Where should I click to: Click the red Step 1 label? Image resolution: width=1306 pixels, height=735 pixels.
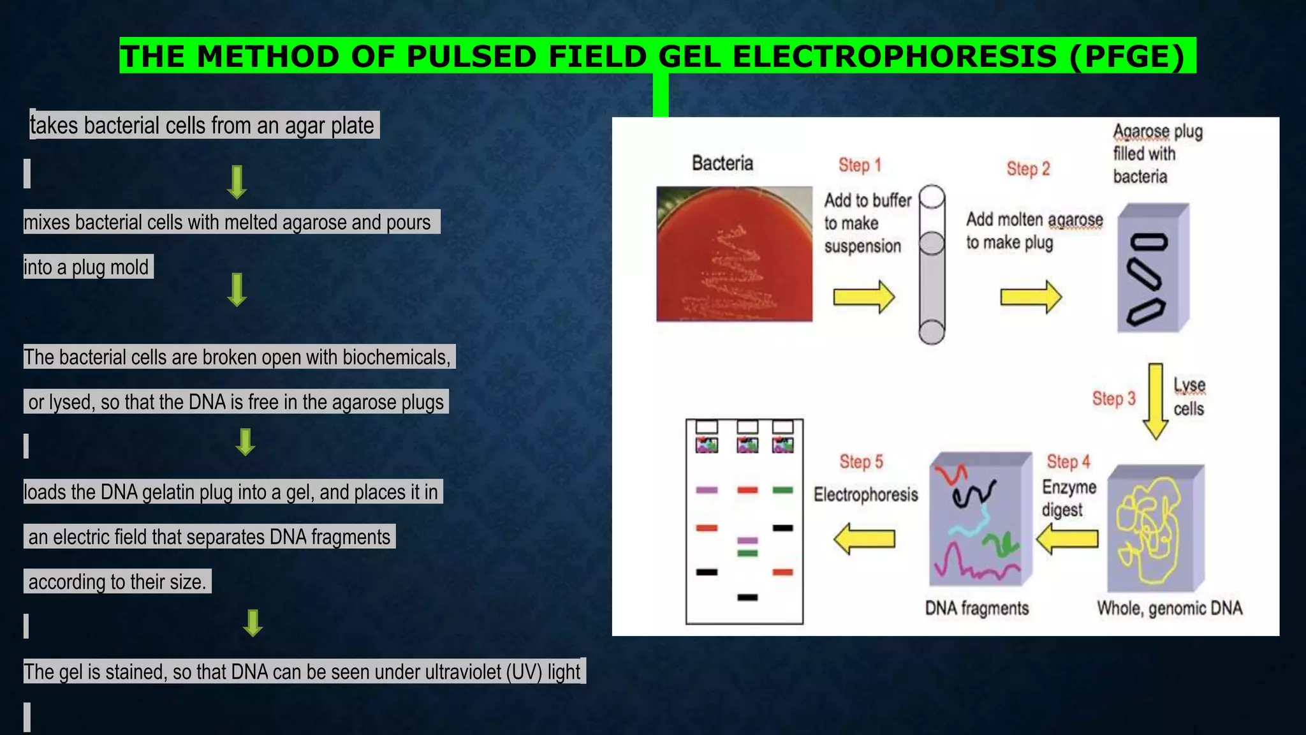(859, 165)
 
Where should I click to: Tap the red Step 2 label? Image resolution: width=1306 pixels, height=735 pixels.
(1027, 169)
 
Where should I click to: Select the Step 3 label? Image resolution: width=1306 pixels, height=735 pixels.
(1113, 399)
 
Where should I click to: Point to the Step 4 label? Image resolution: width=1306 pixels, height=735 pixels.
(1068, 461)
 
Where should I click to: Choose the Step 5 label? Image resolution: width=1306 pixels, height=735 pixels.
(861, 462)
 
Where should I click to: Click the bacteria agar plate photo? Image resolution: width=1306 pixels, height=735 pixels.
(734, 254)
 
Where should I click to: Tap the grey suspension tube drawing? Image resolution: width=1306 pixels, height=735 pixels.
(932, 265)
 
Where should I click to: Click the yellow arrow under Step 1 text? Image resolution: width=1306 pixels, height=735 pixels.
(863, 297)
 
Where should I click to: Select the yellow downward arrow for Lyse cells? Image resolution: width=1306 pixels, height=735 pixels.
(1155, 401)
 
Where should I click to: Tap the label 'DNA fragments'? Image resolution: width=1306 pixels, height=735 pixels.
(976, 609)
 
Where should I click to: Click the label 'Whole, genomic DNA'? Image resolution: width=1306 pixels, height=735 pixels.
(1169, 609)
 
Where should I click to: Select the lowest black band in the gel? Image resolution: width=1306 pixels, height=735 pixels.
(747, 598)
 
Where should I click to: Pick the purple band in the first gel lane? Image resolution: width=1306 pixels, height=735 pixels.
(707, 490)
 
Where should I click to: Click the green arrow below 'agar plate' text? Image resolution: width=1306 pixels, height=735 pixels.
(237, 182)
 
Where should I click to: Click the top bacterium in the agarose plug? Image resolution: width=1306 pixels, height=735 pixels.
(1148, 242)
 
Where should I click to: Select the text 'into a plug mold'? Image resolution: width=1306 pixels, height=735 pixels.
(87, 267)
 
